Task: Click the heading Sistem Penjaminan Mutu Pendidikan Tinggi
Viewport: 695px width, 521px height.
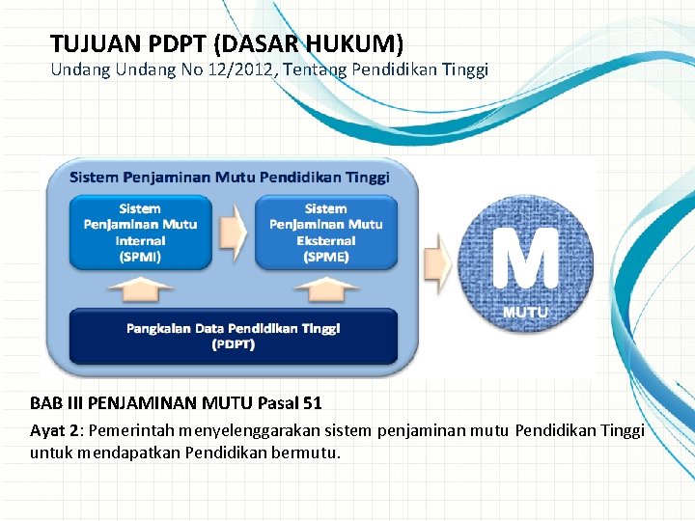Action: point(230,177)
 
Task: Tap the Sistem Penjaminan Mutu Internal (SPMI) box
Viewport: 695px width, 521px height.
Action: point(140,233)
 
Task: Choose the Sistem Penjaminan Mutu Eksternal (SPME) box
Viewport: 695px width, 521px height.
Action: point(325,233)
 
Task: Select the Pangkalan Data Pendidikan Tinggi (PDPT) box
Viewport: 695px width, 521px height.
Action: point(233,336)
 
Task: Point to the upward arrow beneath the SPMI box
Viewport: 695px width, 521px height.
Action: point(140,288)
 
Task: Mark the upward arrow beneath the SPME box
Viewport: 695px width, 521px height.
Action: point(325,288)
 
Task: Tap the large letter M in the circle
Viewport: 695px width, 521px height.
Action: point(525,259)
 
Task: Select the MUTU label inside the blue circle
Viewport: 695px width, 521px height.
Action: point(526,313)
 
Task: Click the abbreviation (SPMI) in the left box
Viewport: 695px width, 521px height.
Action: point(140,257)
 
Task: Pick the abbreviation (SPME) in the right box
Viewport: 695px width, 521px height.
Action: point(325,257)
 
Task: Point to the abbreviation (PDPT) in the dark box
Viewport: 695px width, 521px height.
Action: point(233,344)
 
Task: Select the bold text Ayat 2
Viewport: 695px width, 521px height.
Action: point(55,430)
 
